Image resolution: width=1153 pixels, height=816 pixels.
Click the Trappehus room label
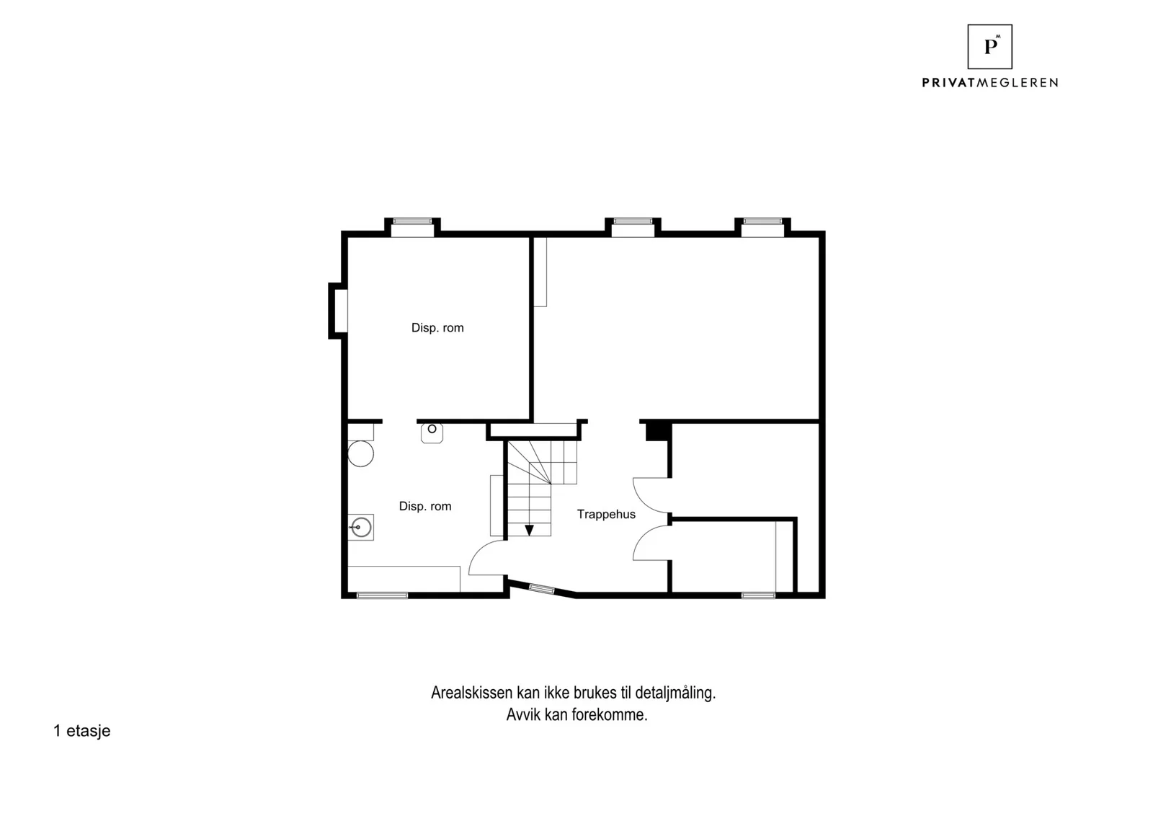click(606, 514)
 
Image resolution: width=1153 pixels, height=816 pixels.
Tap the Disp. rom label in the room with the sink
click(425, 506)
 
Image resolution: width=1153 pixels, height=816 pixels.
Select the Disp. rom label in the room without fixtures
click(437, 328)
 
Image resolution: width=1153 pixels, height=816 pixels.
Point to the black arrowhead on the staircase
click(529, 531)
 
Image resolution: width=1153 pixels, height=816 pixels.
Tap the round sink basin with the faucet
click(361, 528)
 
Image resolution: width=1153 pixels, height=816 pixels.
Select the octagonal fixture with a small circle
click(432, 432)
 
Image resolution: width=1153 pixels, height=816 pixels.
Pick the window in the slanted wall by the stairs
click(541, 589)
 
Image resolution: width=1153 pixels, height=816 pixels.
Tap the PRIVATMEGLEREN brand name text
click(990, 83)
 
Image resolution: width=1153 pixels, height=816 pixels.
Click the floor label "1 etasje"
click(82, 730)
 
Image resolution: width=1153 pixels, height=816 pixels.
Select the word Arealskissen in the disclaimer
click(472, 693)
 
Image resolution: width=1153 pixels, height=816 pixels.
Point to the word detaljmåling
click(675, 693)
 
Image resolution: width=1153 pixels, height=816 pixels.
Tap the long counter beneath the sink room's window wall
click(404, 579)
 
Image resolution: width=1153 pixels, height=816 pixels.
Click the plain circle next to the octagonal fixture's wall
click(361, 453)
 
